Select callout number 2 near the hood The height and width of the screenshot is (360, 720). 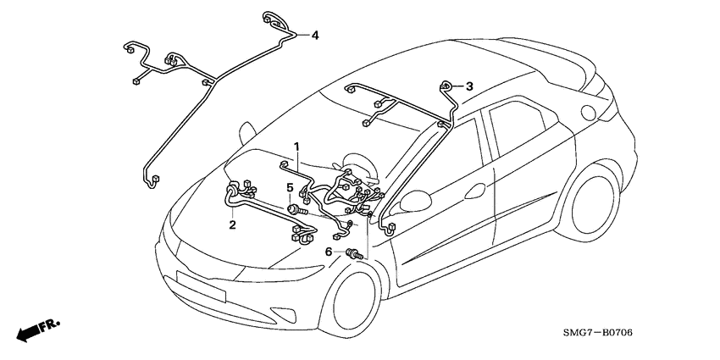(231, 224)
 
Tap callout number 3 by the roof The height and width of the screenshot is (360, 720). (469, 86)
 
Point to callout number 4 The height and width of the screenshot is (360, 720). (314, 36)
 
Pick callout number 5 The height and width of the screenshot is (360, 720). (289, 187)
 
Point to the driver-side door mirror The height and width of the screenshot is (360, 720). (413, 200)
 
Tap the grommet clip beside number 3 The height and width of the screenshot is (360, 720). (446, 86)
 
